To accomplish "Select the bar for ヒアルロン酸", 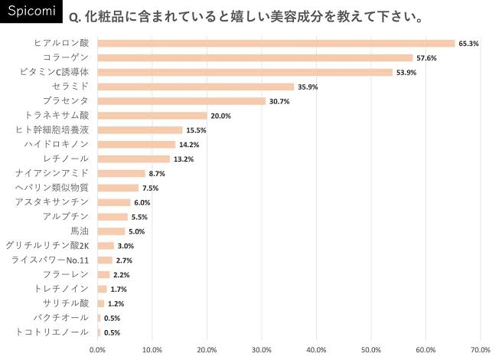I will click(276, 44).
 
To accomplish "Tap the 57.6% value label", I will click(427, 58).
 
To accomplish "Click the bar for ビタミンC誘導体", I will click(245, 72).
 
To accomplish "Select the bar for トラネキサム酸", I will click(152, 116).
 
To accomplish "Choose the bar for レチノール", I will click(134, 159).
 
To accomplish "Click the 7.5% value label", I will click(151, 188).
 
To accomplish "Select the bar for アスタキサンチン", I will click(114, 202).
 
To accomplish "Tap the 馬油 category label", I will click(80, 231).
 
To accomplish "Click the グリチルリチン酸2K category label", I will click(47, 246).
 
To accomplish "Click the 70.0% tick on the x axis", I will click(480, 349).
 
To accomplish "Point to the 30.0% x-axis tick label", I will click(262, 349).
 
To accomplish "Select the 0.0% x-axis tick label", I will click(98, 349).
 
